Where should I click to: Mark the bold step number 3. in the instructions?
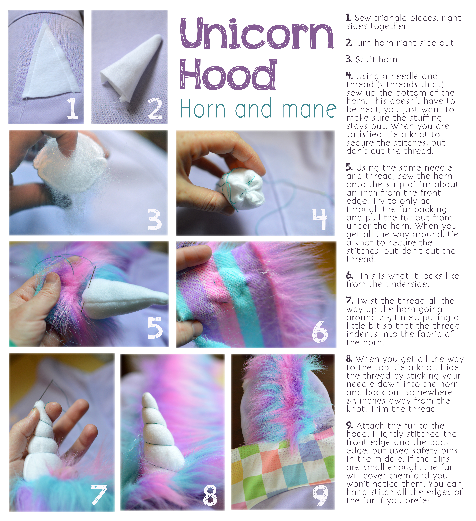click(349, 59)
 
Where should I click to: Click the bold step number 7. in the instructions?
click(350, 301)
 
